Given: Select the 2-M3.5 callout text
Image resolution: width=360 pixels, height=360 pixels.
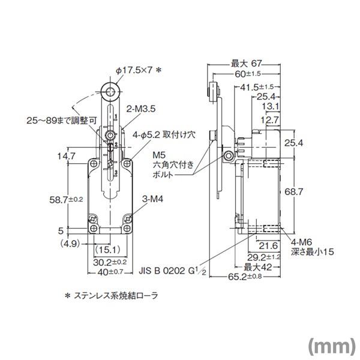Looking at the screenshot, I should tap(142, 110).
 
